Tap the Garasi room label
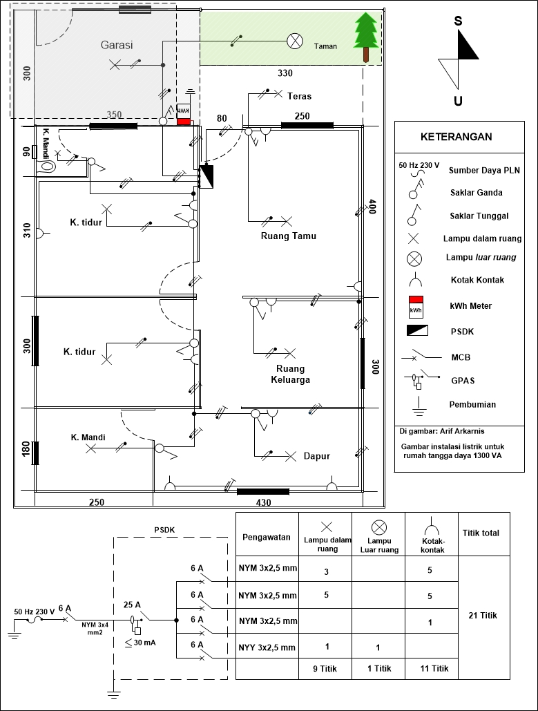point(117,45)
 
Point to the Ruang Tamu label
point(288,236)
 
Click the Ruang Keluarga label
point(290,374)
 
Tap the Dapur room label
point(316,456)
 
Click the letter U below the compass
point(458,102)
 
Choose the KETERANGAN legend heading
point(456,137)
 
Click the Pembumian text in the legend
point(472,404)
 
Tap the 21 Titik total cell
point(484,615)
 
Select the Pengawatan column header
point(265,538)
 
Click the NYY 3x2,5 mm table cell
point(267,647)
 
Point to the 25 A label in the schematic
point(132,605)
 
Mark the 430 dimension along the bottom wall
point(262,502)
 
